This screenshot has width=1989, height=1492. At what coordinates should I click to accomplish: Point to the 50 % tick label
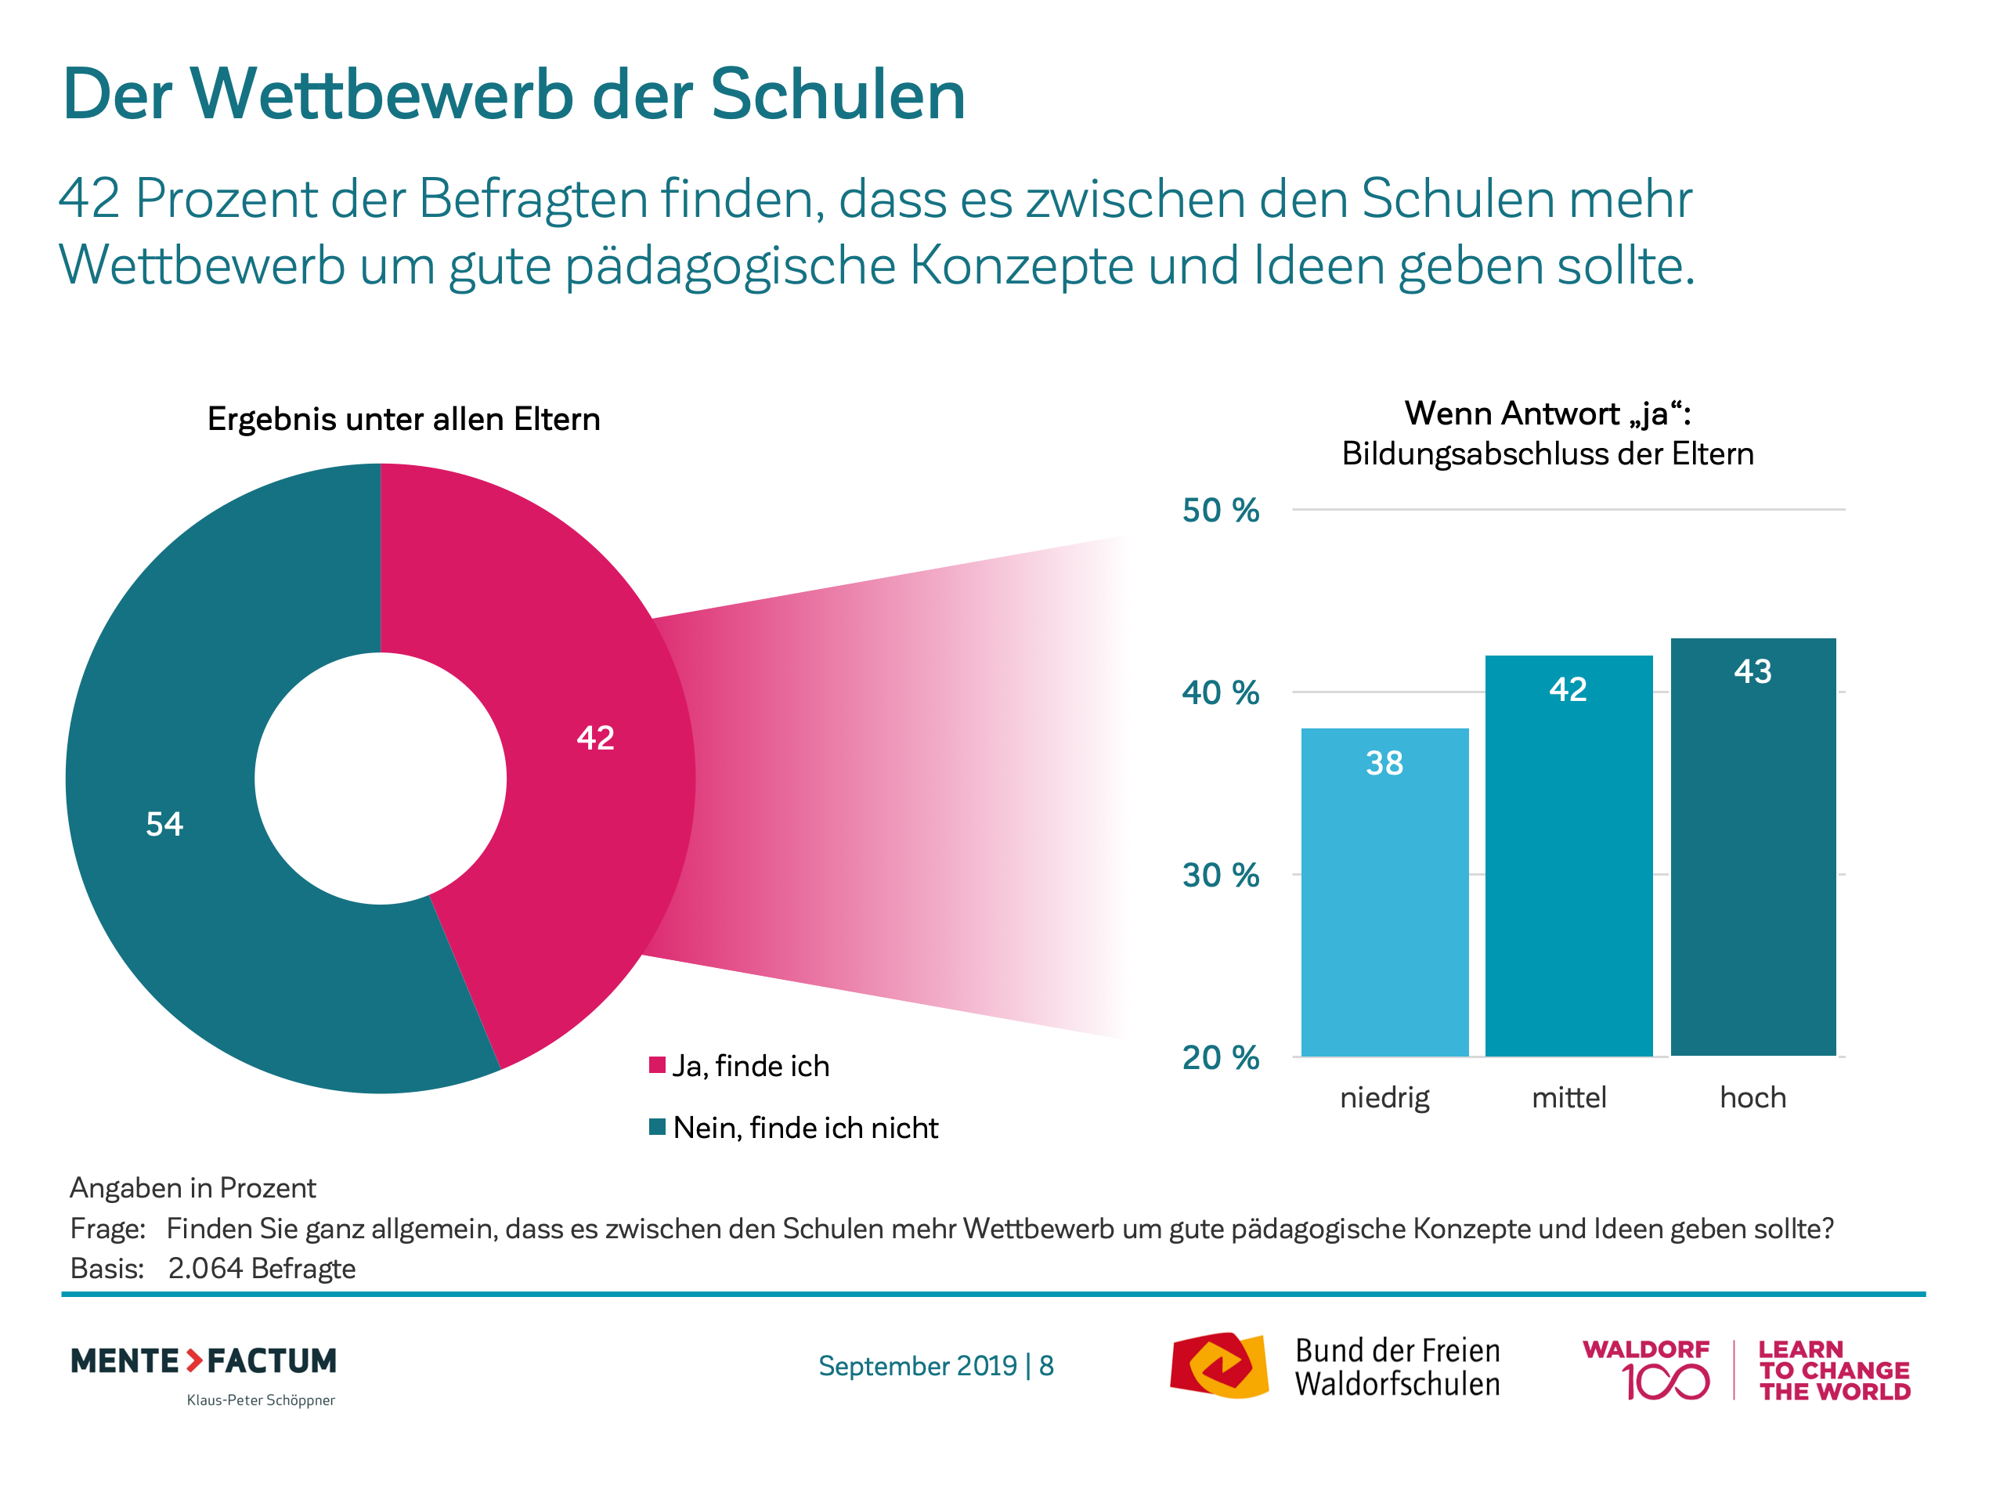click(x=1220, y=510)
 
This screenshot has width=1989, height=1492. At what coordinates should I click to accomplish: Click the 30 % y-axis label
click(x=1220, y=875)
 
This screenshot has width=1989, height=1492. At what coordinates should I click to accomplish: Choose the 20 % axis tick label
click(x=1220, y=1057)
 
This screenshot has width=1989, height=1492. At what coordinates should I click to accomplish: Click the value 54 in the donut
click(x=164, y=824)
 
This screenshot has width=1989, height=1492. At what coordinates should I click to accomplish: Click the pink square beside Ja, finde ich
click(x=657, y=1065)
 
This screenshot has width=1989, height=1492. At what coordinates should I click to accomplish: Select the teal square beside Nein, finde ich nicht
click(x=657, y=1126)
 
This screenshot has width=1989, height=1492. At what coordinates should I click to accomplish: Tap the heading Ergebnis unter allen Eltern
click(x=404, y=419)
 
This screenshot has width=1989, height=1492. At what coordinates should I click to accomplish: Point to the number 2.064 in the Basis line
click(x=205, y=1268)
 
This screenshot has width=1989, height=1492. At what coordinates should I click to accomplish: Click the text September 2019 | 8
click(x=936, y=1365)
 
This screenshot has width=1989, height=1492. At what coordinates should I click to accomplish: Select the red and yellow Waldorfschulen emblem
click(x=1218, y=1365)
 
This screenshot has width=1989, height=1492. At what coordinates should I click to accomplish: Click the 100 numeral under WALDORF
click(x=1666, y=1382)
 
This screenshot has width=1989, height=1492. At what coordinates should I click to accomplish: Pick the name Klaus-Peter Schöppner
click(x=261, y=1400)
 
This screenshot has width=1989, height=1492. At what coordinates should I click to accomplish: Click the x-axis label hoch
click(x=1753, y=1097)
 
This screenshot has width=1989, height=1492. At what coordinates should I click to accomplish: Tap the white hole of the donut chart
click(x=381, y=778)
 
